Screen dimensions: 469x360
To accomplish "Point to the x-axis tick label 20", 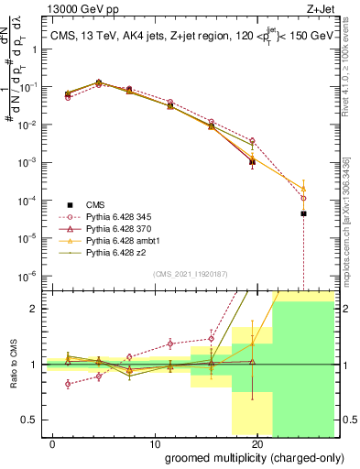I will [x=256, y=442].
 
